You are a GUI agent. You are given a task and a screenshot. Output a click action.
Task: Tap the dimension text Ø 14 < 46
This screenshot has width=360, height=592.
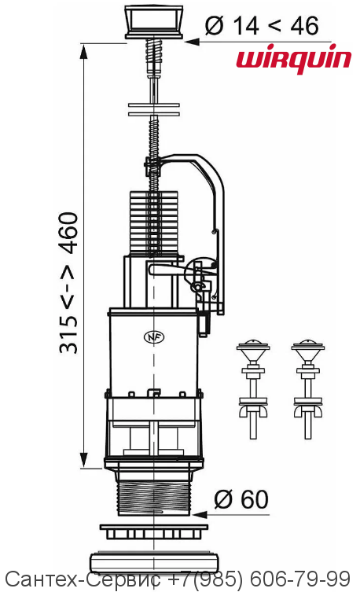click(262, 26)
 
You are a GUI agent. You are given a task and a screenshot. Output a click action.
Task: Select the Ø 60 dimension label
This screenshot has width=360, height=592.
click(241, 499)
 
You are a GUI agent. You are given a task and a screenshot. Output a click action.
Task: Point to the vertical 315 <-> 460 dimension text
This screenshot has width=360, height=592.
click(68, 283)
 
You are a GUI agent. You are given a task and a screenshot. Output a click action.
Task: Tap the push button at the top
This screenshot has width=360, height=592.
click(153, 21)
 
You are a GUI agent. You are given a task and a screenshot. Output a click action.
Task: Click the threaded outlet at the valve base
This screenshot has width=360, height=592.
click(154, 497)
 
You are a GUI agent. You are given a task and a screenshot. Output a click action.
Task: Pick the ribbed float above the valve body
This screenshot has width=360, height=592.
click(153, 222)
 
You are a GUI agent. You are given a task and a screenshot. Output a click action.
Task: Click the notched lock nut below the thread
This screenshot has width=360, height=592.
click(153, 531)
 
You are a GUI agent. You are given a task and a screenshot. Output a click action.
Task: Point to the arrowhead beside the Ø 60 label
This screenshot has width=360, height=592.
click(200, 514)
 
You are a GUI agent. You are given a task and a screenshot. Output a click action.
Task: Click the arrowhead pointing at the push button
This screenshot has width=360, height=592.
click(192, 42)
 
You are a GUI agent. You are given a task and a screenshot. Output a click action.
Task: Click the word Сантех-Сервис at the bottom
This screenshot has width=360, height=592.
click(83, 579)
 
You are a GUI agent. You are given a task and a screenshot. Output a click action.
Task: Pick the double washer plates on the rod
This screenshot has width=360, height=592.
click(153, 109)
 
